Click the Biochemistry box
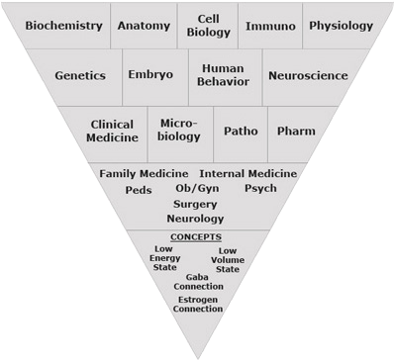(63, 25)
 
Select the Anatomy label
(144, 25)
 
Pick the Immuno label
(269, 25)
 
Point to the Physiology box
(341, 25)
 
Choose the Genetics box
(79, 75)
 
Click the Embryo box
(150, 75)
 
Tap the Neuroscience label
(307, 75)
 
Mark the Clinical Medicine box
(112, 132)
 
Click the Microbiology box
(179, 131)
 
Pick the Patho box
(241, 131)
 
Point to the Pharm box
(297, 131)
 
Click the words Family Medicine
(145, 174)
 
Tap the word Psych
(260, 188)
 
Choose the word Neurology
(195, 219)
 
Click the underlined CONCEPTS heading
(196, 237)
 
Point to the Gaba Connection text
(196, 282)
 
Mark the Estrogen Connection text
(197, 304)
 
